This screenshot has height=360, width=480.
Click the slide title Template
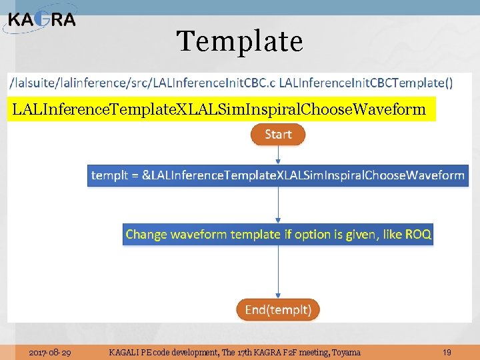pos(240,41)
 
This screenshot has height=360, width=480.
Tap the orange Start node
pos(278,135)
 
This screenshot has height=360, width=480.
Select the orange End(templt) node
pos(278,309)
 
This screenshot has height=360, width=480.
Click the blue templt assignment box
pos(277,175)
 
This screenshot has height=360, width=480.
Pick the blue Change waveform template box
pos(278,234)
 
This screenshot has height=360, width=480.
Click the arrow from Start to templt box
pos(278,155)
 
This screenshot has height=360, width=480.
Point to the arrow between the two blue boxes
pos(278,205)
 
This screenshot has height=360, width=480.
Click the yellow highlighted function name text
pos(219,109)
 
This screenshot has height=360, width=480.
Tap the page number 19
pos(447,352)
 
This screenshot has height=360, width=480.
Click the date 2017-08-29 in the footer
pos(51,352)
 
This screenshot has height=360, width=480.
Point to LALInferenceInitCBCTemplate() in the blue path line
pos(366,83)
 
